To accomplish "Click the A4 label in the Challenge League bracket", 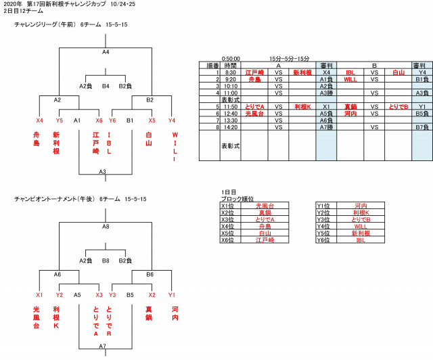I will click(x=106, y=51).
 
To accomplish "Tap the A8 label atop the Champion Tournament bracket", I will click(x=106, y=227).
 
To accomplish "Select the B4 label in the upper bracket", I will click(x=106, y=86).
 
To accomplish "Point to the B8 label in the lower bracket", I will click(x=106, y=260).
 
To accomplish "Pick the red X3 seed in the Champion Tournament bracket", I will click(x=99, y=294).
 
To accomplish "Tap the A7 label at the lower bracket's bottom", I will click(x=102, y=346).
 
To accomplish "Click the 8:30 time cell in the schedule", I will click(x=230, y=72).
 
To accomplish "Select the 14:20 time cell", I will click(x=230, y=127).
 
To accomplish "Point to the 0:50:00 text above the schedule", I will click(x=230, y=60).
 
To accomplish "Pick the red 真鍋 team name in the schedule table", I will click(x=350, y=106).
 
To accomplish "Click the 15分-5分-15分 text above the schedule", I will click(x=290, y=60).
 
